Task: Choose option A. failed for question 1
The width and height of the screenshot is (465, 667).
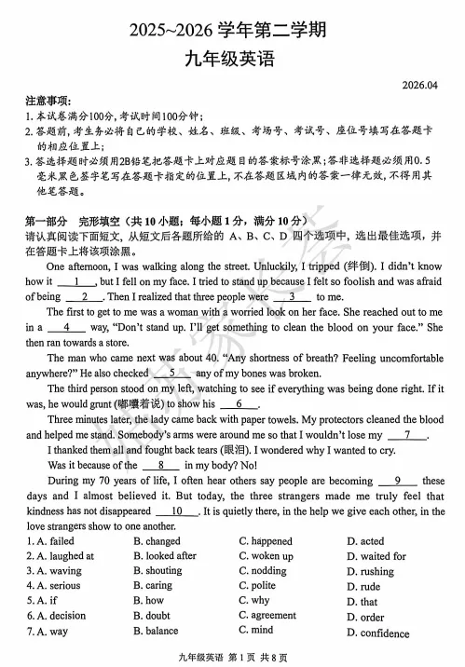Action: tap(50, 541)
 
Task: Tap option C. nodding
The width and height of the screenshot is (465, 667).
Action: tap(263, 571)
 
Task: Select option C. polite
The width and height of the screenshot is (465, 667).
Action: tap(257, 586)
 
